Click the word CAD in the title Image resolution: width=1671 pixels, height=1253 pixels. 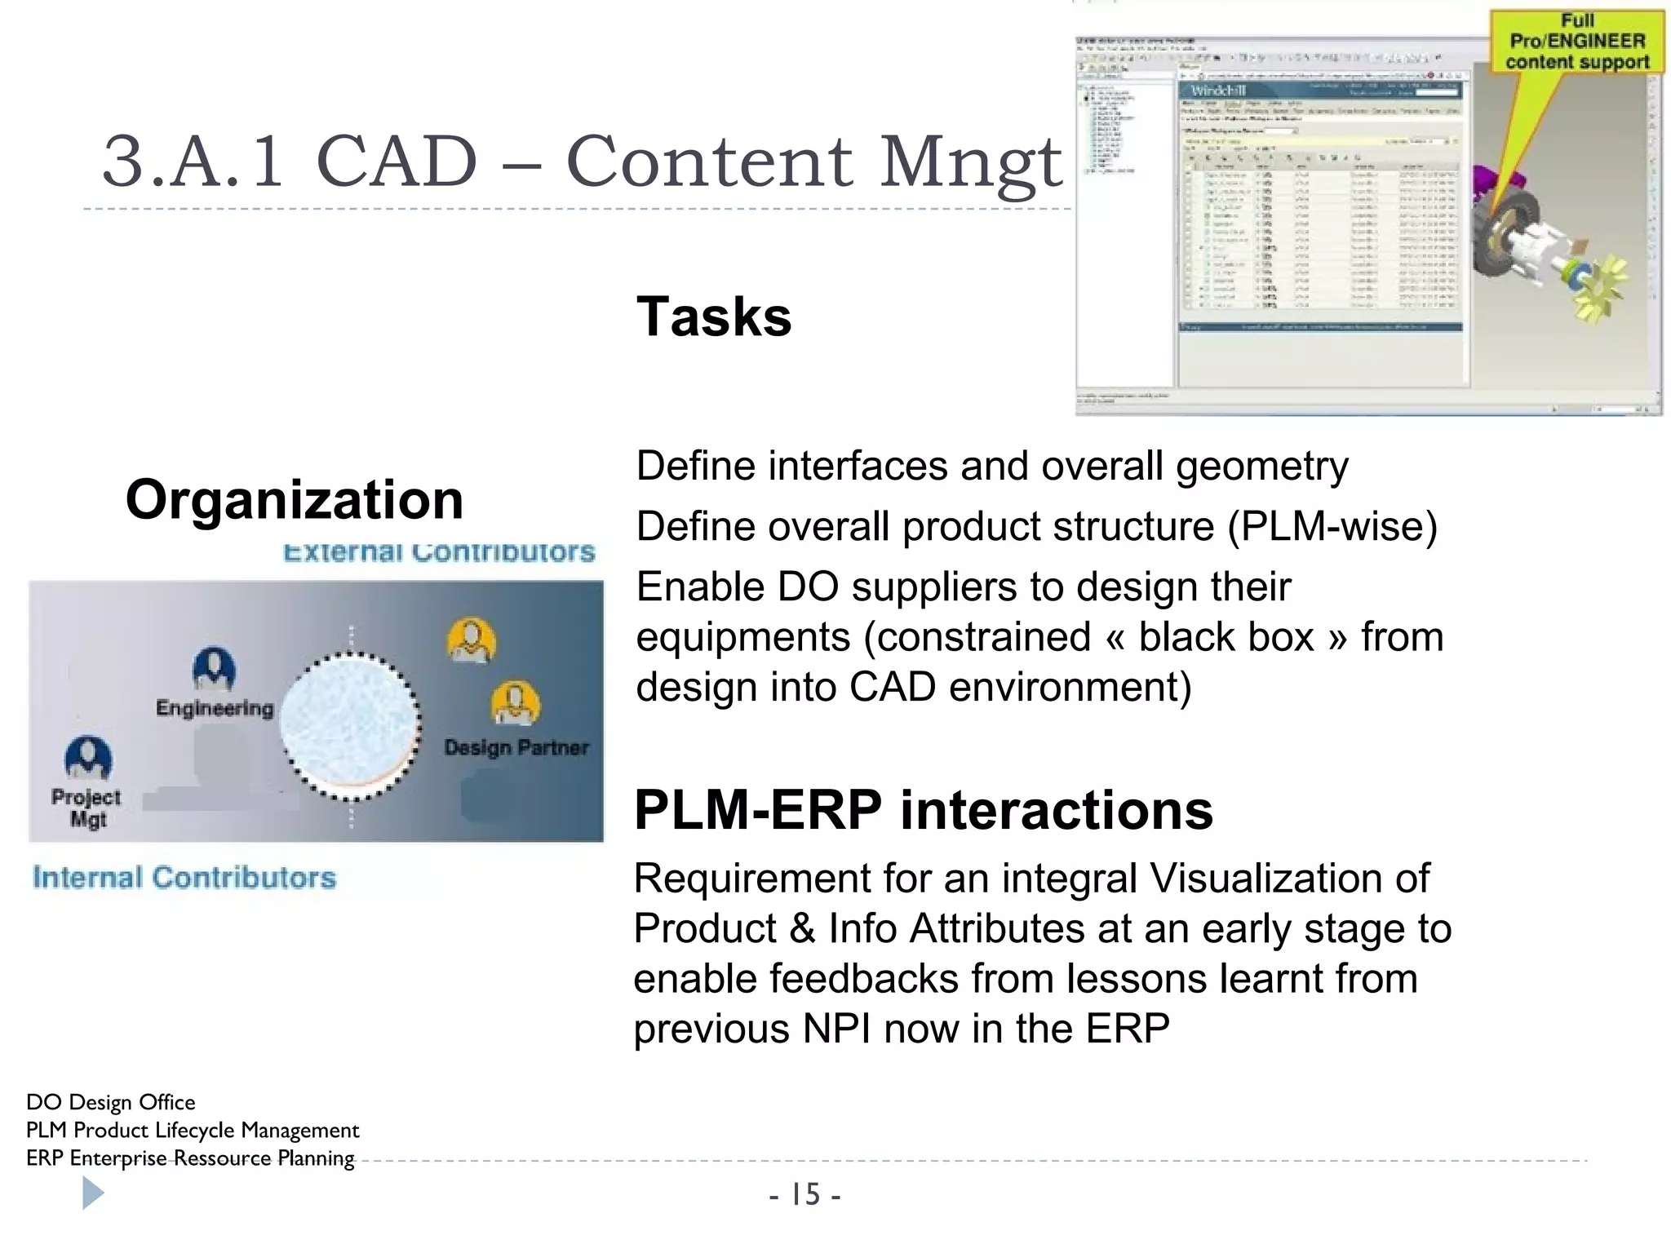[x=396, y=161]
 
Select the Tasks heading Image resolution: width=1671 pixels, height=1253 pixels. [x=713, y=317]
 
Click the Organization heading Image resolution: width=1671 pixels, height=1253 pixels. [x=294, y=499]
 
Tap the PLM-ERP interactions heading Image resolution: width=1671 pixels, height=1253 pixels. [x=923, y=810]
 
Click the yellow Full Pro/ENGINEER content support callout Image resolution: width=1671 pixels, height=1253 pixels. [x=1576, y=42]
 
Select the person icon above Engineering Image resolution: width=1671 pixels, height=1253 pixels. [x=214, y=669]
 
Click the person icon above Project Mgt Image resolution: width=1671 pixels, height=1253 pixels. [x=88, y=758]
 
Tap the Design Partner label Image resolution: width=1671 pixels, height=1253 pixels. [x=516, y=747]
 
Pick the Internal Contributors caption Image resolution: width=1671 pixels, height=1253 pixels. [x=184, y=878]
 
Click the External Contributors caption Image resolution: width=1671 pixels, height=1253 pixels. [x=439, y=552]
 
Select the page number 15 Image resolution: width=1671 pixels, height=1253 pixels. [x=804, y=1195]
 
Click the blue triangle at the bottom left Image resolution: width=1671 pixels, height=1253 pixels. [x=92, y=1194]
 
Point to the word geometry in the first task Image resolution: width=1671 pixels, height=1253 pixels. [x=1261, y=467]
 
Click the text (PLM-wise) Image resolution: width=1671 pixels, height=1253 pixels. [x=1332, y=526]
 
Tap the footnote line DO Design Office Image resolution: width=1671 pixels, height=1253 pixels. [x=111, y=1102]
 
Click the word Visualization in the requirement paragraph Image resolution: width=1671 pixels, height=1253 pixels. [x=1288, y=879]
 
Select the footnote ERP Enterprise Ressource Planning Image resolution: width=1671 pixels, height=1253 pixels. [x=190, y=1158]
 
